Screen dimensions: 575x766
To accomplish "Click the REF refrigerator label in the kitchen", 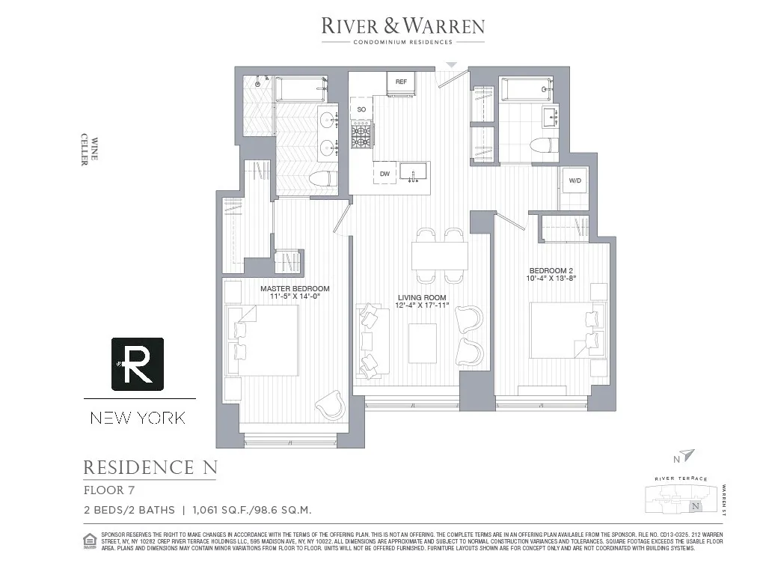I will (x=401, y=82).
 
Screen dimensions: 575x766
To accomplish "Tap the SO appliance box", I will (x=362, y=109).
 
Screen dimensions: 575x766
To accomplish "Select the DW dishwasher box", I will (x=385, y=174).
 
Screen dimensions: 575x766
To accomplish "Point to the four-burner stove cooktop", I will (x=363, y=136).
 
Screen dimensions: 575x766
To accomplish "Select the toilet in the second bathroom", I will (x=543, y=145).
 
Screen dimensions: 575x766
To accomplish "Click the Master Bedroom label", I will (x=295, y=288).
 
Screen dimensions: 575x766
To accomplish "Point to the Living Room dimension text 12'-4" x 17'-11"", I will (x=421, y=305).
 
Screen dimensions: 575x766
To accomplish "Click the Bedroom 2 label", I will (x=552, y=270).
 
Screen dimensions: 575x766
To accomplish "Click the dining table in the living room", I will (x=439, y=256).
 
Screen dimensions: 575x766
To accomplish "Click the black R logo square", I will (x=138, y=364).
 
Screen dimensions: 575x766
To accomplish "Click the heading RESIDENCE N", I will (x=150, y=468).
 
